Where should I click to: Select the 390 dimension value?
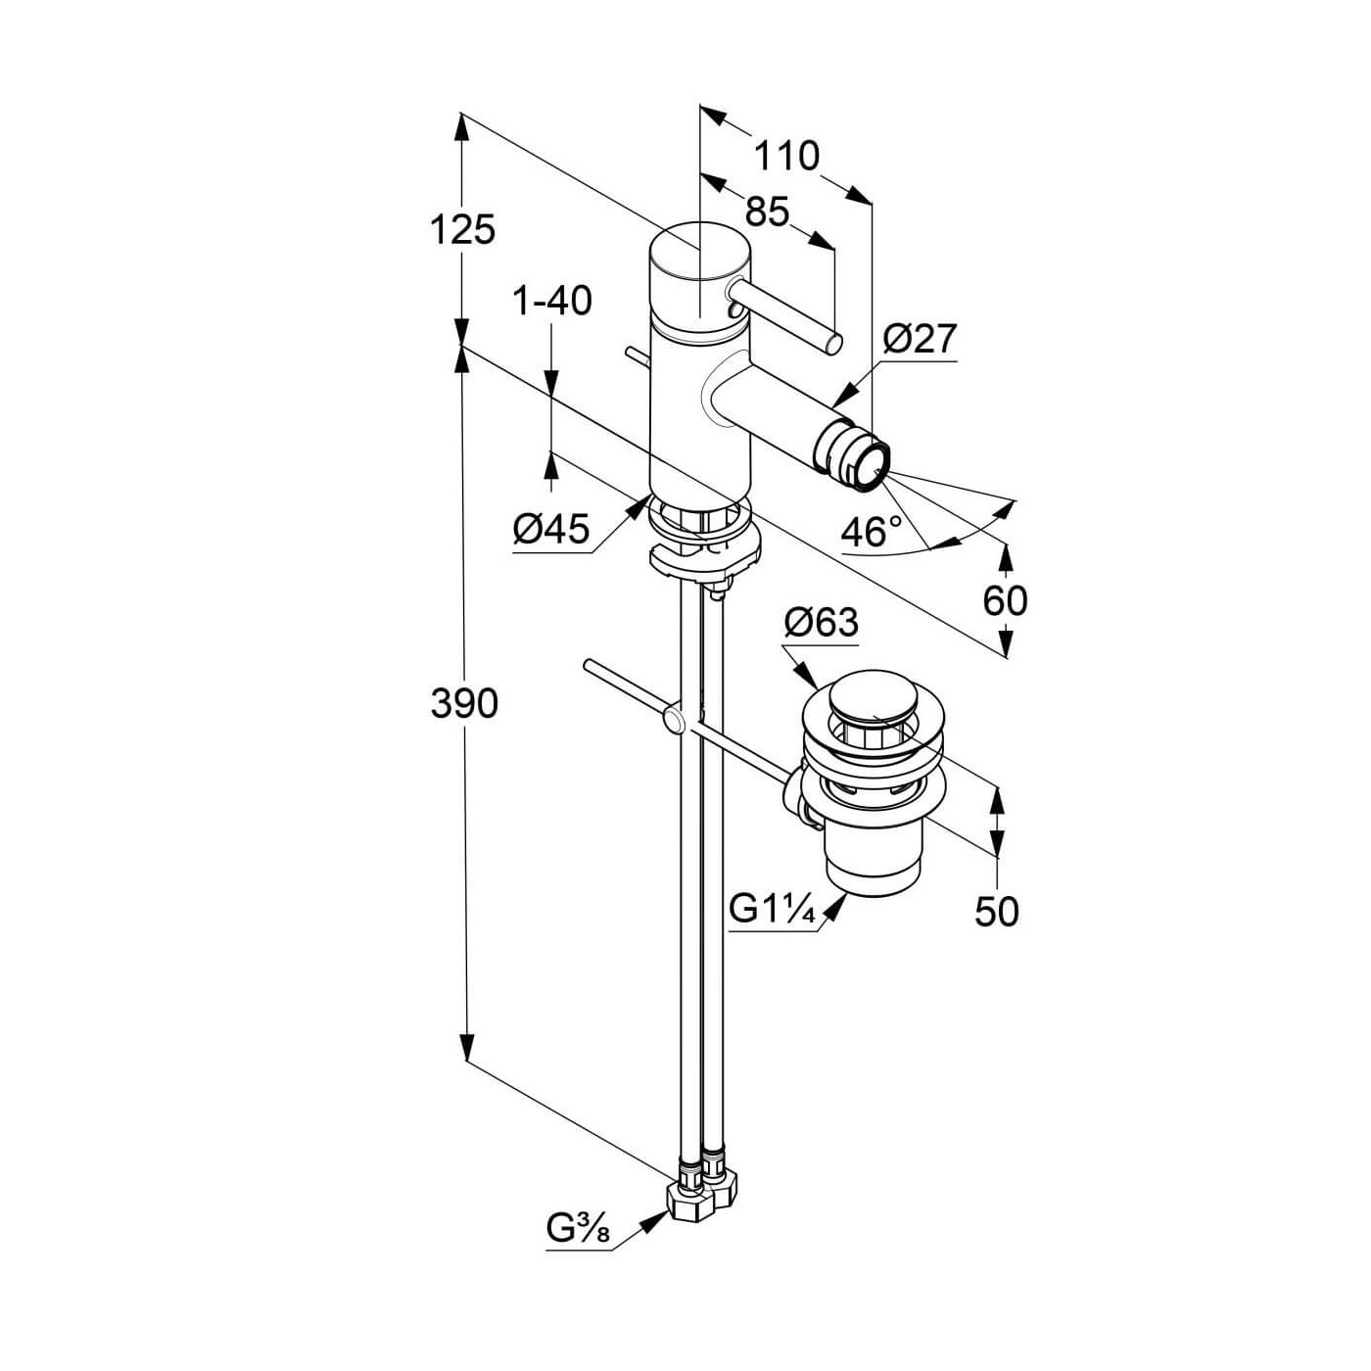click(x=464, y=703)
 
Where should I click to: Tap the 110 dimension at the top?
click(x=786, y=156)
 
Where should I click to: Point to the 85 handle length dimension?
click(x=768, y=212)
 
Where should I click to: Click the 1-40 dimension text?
click(x=552, y=301)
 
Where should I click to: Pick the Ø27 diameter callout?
click(x=917, y=340)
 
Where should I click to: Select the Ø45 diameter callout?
click(x=552, y=530)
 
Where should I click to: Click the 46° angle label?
click(x=871, y=532)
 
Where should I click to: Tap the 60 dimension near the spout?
click(x=1005, y=601)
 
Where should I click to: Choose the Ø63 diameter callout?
click(x=822, y=623)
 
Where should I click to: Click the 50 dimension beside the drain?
click(x=997, y=912)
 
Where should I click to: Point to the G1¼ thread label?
click(x=772, y=911)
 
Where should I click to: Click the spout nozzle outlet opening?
click(x=873, y=467)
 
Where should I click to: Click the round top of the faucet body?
click(x=699, y=253)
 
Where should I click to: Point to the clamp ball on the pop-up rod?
click(x=673, y=720)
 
